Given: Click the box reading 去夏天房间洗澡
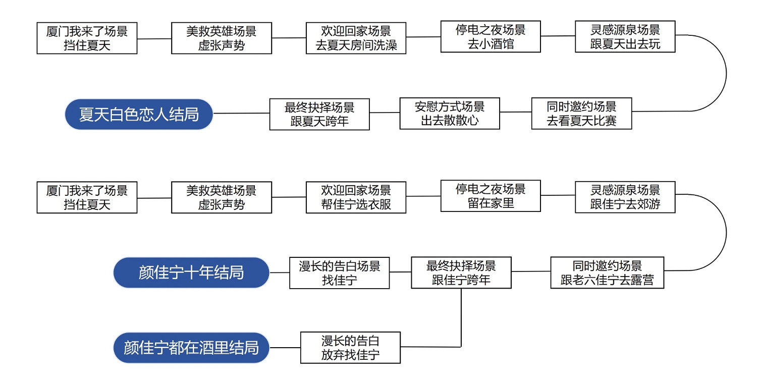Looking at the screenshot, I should (x=356, y=38).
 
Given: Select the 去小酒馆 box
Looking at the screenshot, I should (x=491, y=36).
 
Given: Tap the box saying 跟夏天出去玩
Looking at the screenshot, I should (x=625, y=36).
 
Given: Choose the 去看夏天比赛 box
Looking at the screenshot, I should (x=581, y=114).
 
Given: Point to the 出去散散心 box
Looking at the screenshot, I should (x=449, y=114).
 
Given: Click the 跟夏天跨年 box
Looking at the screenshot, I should (x=319, y=114).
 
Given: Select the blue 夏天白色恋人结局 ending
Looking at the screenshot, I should (x=139, y=115).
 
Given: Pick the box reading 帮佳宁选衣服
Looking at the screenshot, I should (x=356, y=197).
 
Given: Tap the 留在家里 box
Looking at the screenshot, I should (x=491, y=196).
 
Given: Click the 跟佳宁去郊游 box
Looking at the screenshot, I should (x=625, y=197).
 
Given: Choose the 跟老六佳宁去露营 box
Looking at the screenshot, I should (x=607, y=273).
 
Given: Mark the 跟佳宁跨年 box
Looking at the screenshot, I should (x=461, y=273).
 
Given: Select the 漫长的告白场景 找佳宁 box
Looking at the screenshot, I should (x=339, y=273).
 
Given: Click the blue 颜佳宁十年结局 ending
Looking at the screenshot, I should (x=191, y=273).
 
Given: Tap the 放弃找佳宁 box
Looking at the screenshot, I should (x=350, y=348).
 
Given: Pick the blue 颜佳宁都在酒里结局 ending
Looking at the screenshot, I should (x=191, y=348).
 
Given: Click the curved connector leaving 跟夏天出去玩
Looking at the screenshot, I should (x=726, y=73).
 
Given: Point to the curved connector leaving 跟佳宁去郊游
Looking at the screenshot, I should (x=726, y=233).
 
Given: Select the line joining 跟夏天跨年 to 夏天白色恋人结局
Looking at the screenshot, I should (x=241, y=114).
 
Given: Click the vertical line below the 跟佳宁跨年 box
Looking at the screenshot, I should (x=461, y=318).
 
